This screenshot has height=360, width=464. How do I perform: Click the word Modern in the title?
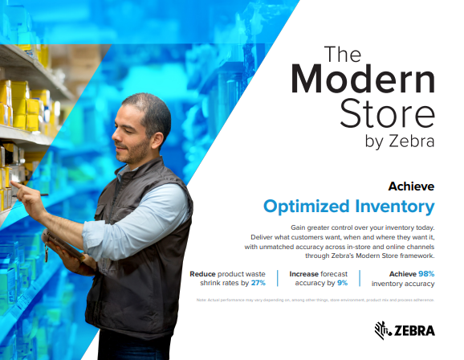362,81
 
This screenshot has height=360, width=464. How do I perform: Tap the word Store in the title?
389,113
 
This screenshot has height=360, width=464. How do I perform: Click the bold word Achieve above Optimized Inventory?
411,186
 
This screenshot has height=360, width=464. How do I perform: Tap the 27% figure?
258,283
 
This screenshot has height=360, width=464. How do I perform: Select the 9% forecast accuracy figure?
342,283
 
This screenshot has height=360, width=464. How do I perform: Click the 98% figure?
426,273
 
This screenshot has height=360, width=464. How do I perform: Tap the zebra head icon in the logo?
382,329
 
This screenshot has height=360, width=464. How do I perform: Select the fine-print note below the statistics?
315,300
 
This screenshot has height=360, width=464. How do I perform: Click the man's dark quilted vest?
144,265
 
